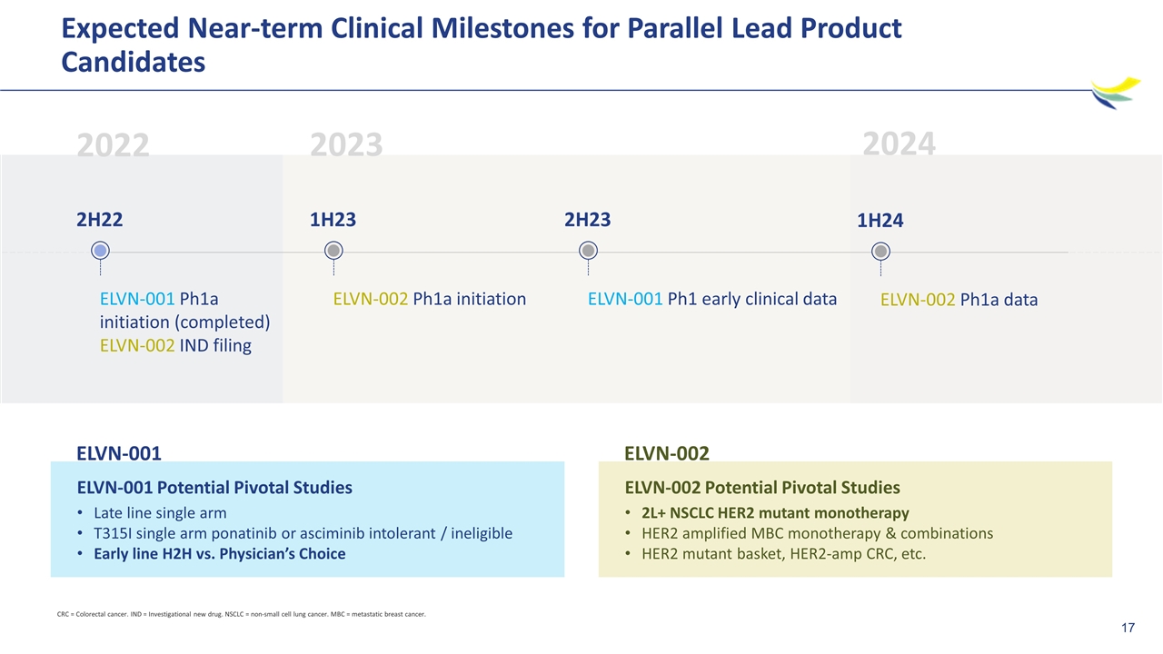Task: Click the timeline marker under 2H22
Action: point(100,251)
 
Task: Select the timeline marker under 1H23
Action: point(333,251)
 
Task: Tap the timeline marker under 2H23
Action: point(588,251)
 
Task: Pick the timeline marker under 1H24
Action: point(880,252)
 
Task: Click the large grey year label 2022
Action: point(114,144)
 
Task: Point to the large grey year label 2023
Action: point(346,144)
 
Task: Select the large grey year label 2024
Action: point(900,144)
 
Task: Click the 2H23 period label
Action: point(588,220)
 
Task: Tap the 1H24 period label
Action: point(880,221)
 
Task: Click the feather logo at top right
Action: point(1115,93)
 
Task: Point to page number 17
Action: point(1128,628)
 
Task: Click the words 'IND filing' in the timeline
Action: point(215,346)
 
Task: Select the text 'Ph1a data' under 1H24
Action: point(999,300)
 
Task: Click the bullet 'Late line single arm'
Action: point(160,513)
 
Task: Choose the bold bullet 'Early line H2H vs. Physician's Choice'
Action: point(220,554)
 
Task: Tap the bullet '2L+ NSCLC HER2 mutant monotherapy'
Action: point(775,513)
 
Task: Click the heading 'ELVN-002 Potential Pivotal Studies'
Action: point(762,488)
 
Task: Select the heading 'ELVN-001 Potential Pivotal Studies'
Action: point(214,488)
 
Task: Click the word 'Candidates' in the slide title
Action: point(134,63)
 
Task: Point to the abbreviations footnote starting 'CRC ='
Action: point(242,615)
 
